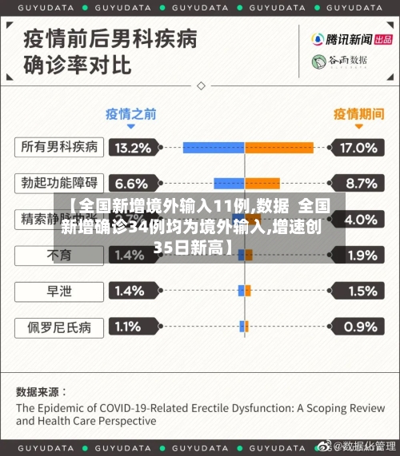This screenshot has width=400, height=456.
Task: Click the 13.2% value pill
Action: [x=133, y=148]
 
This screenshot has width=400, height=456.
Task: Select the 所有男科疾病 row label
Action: [x=60, y=147]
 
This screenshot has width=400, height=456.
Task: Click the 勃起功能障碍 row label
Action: [x=60, y=183]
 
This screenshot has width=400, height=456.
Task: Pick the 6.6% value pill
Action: [x=133, y=184]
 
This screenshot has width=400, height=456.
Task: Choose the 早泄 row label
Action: [x=60, y=291]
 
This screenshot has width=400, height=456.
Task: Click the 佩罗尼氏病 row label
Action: [x=60, y=327]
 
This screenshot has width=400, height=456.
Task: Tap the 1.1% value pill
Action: [x=133, y=327]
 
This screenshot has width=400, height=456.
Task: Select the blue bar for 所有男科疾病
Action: [x=214, y=148]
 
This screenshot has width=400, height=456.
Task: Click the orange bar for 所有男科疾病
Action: [x=279, y=148]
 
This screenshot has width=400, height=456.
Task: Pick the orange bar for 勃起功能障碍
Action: [x=262, y=184]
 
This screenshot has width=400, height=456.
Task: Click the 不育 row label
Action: [x=60, y=255]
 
